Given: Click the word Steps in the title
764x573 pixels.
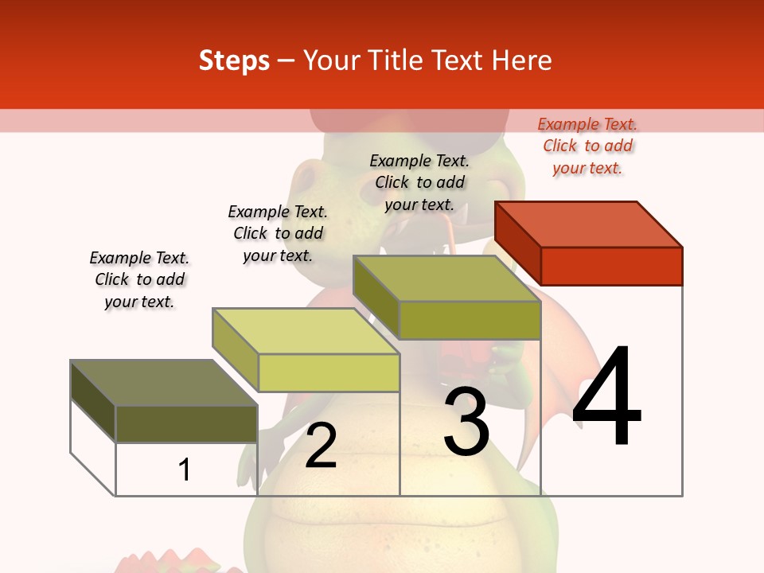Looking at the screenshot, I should pos(234,61).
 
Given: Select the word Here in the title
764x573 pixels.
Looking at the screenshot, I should pos(522,60).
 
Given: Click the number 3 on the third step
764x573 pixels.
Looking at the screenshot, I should pos(466,422).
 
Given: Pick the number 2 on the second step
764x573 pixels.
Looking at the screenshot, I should pos(321,446).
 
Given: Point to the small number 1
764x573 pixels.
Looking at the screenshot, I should pos(185,470).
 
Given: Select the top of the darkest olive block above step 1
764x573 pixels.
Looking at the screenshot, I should pos(163,383).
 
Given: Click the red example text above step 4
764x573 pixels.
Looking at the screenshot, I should pos(587,146).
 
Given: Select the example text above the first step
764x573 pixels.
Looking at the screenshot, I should pos(139,279).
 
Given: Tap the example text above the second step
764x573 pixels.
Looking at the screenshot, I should pos(278,233).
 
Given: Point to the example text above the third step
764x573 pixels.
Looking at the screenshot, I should pos(419,182).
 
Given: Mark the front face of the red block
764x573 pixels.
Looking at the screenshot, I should pos(611,266).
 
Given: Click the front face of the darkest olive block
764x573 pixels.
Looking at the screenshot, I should pos(186,423).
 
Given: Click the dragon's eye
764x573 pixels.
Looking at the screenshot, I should pos(309,179).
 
